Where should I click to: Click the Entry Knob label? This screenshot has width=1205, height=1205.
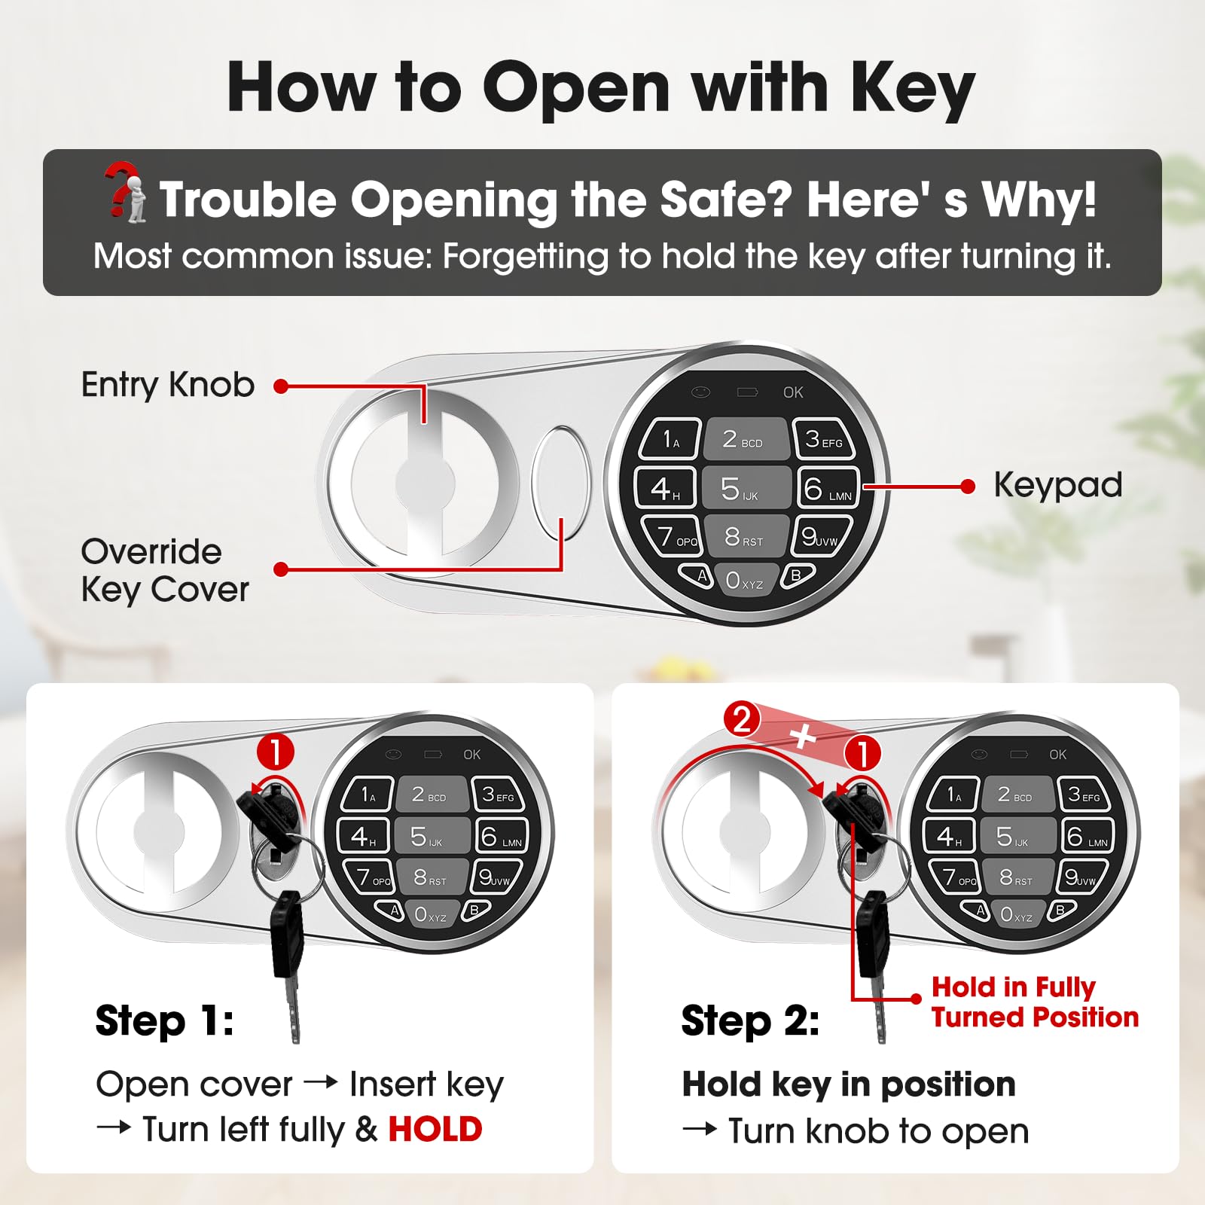[167, 385]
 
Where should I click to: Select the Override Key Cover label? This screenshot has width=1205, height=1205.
[165, 571]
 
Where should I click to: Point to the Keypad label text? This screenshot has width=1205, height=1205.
[1058, 486]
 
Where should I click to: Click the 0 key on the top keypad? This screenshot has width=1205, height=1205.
[744, 580]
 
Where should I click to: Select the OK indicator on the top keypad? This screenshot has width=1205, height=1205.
[793, 392]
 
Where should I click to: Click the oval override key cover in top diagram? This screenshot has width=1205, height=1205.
[561, 484]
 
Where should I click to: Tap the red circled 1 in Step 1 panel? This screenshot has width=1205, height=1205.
[276, 752]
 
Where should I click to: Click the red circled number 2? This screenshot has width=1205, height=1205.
[742, 720]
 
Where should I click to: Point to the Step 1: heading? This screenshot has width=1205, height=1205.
[164, 1021]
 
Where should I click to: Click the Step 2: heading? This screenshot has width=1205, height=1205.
[750, 1021]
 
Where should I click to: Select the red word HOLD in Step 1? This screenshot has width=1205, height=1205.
[435, 1130]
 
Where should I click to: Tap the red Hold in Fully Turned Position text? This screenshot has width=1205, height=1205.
[1035, 1002]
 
